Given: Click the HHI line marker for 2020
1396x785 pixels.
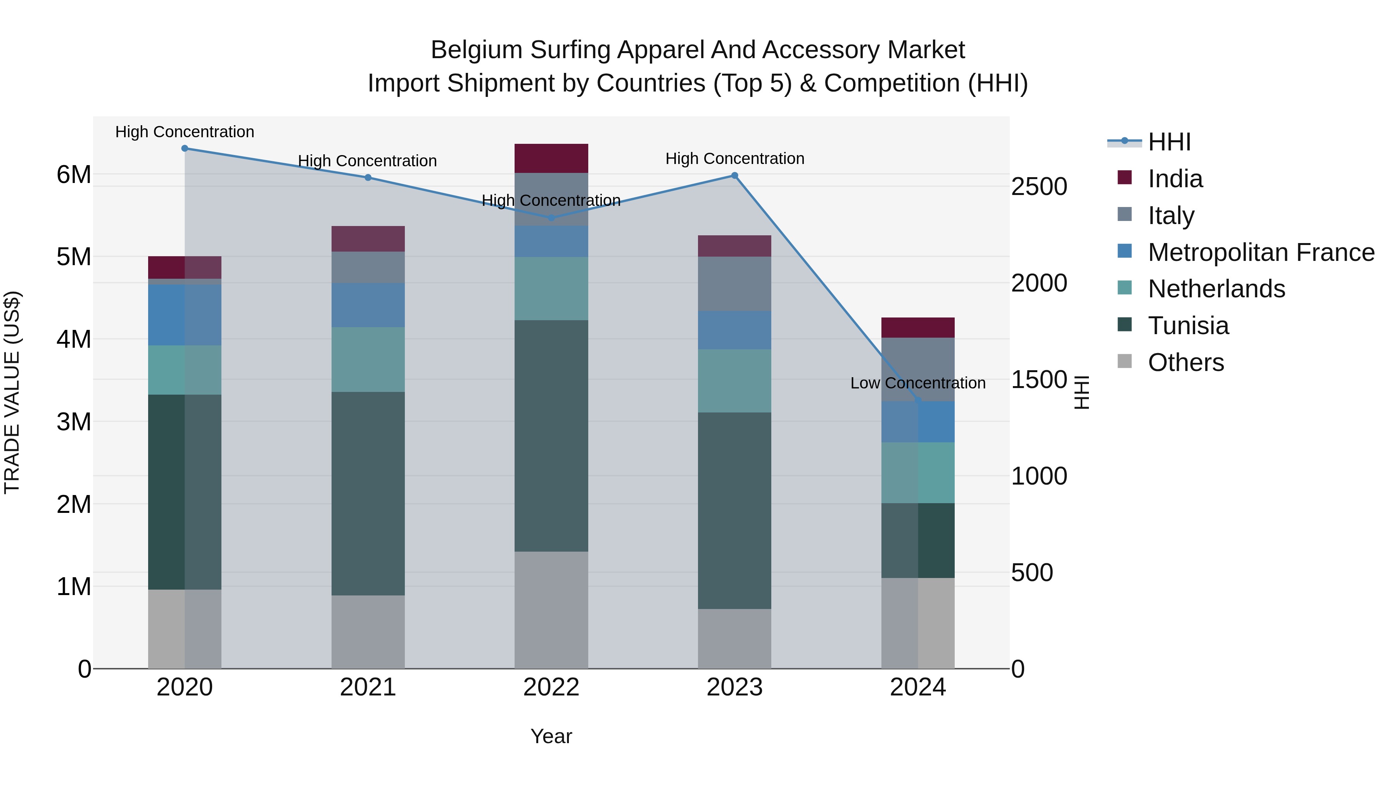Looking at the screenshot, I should (x=185, y=148).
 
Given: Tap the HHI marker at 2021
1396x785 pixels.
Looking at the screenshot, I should (x=368, y=178).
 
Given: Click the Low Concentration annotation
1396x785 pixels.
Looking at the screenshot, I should (x=917, y=383).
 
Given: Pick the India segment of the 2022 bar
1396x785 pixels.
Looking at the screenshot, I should (x=551, y=158).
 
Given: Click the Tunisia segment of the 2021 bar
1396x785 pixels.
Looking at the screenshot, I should (x=368, y=493).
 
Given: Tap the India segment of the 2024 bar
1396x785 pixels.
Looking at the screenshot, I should (x=917, y=327).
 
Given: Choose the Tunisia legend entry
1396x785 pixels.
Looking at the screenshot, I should (x=1188, y=326).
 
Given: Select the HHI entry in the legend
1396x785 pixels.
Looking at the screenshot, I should (x=1169, y=142).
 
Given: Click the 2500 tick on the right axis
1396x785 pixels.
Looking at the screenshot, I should (x=1039, y=187).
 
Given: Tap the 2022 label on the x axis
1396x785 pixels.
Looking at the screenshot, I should (x=551, y=687).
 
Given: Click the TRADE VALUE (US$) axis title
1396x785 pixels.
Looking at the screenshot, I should (x=12, y=392).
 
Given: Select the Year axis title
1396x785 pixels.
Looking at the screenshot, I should (x=551, y=736).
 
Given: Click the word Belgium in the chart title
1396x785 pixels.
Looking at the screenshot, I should (x=476, y=50).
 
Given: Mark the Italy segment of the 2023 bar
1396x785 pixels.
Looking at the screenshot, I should (x=734, y=283).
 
